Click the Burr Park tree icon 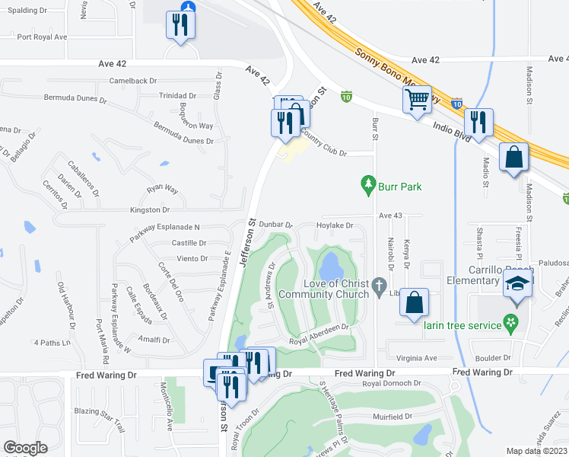click(x=368, y=184)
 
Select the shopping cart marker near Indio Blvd click(x=417, y=100)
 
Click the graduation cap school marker click(x=517, y=285)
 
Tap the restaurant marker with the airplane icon click(x=181, y=25)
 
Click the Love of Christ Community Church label click(x=325, y=289)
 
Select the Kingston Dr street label click(x=150, y=209)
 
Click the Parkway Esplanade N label click(x=164, y=227)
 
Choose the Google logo click(x=25, y=448)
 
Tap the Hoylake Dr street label click(x=335, y=225)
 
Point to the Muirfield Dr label click(x=393, y=417)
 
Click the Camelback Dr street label click(x=132, y=80)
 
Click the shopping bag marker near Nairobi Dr click(x=414, y=302)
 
